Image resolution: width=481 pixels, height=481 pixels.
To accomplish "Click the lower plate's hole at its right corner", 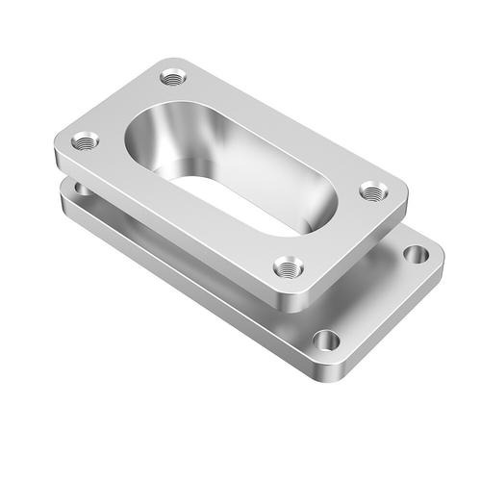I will click(416, 254).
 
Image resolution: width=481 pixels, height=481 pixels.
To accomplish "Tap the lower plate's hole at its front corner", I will click(326, 339).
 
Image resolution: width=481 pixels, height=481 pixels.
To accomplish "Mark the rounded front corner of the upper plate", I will click(289, 300).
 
